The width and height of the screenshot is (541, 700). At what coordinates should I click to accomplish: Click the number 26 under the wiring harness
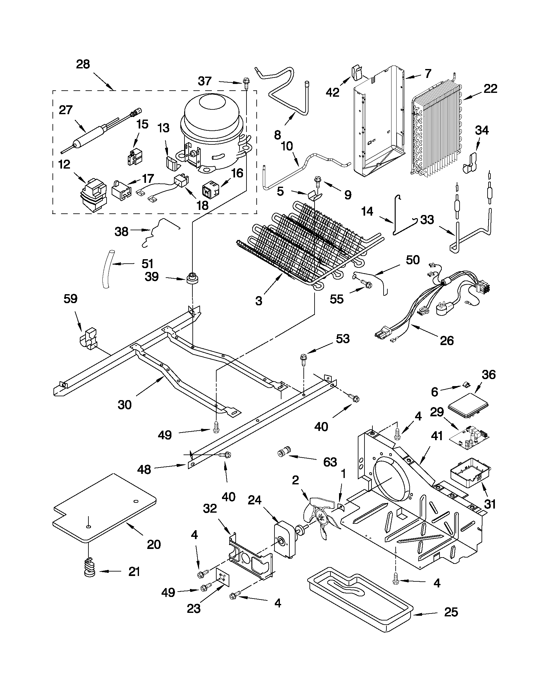click(447, 340)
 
